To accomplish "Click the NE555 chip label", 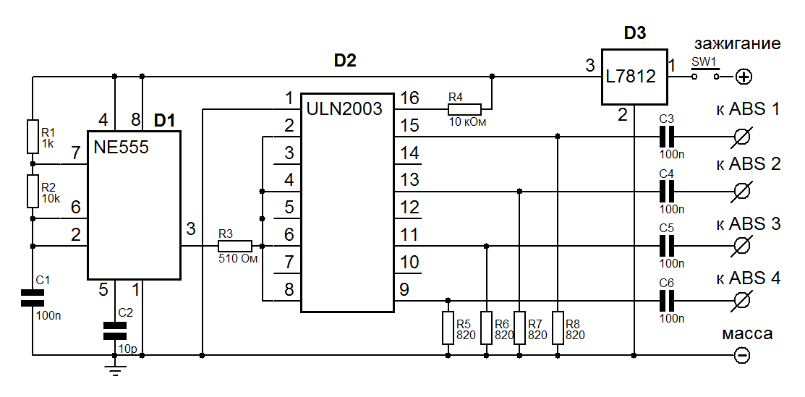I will [x=122, y=148].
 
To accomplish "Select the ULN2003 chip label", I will [x=344, y=109].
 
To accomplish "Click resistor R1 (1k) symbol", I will [x=33, y=137].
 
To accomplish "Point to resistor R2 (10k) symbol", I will [x=33, y=190].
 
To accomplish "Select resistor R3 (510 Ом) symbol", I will [x=234, y=246].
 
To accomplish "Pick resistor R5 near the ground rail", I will [x=448, y=328].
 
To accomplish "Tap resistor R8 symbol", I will [x=557, y=328].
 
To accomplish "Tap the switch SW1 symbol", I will [x=705, y=76].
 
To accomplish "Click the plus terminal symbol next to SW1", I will [x=743, y=77].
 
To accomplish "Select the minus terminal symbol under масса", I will [x=742, y=355].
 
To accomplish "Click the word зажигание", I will [x=737, y=43].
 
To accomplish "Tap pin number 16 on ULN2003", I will [x=410, y=98].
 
